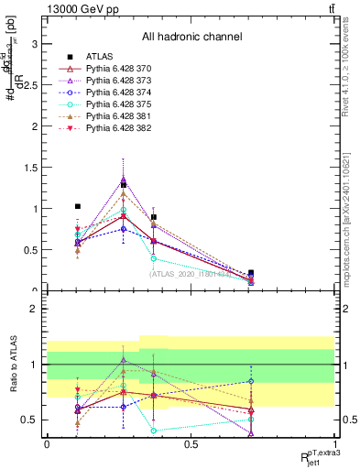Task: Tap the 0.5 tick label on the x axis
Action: click(191, 444)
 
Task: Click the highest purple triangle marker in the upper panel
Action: click(124, 179)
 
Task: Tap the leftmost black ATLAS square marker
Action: click(78, 206)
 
